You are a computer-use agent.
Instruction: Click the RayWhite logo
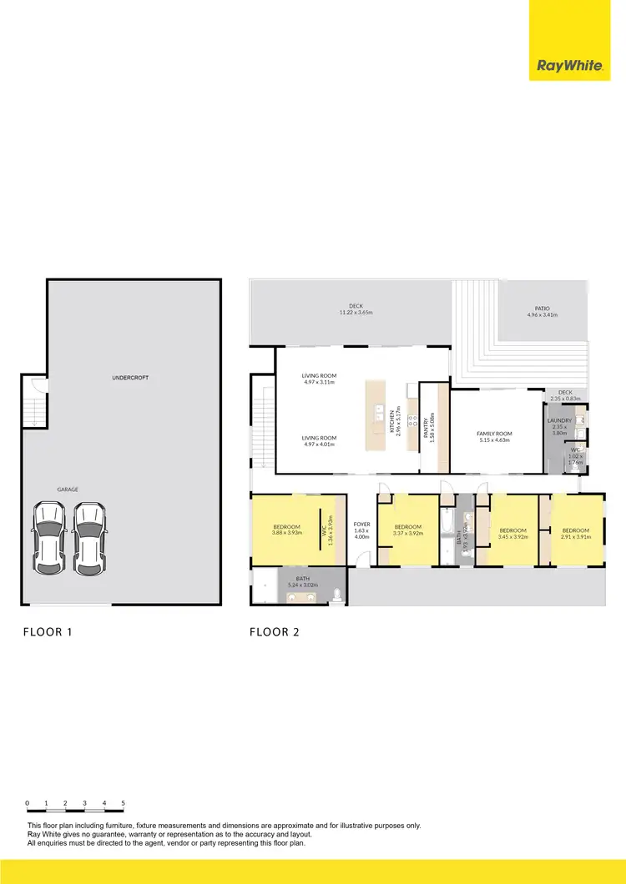click(570, 66)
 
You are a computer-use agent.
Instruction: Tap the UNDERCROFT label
click(129, 378)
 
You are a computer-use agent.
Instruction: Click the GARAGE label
click(67, 490)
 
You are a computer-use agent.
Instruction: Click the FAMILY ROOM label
click(494, 434)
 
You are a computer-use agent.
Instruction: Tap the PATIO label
click(541, 308)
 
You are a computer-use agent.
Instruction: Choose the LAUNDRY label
click(559, 420)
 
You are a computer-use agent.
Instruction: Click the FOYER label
click(361, 525)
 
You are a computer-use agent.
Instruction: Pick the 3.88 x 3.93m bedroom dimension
click(287, 532)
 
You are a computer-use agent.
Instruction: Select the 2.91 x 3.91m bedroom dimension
click(575, 537)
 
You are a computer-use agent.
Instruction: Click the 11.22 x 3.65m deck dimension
click(356, 312)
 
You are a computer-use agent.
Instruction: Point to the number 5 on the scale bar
click(124, 803)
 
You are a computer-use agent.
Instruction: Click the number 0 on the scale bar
click(28, 803)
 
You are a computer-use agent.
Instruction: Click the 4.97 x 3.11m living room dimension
click(318, 382)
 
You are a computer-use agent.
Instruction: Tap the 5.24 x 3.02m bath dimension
click(302, 584)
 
